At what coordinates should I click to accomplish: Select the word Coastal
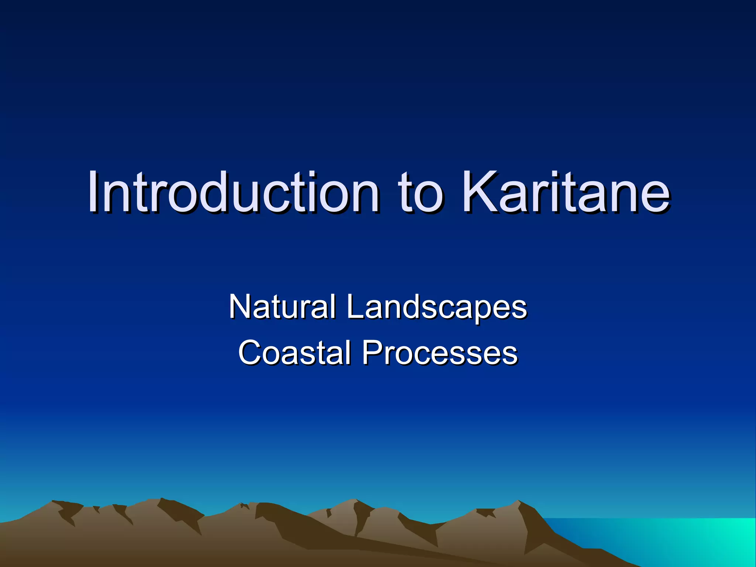coord(295,353)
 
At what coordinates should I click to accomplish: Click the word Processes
coord(440,353)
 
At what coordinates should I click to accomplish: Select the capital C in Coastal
coord(249,353)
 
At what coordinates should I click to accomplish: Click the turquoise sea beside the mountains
coord(683,539)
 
